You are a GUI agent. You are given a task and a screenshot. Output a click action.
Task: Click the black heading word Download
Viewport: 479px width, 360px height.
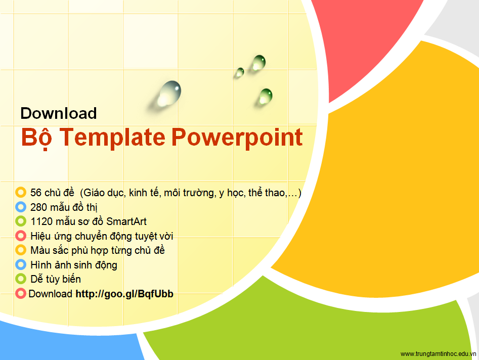(59, 113)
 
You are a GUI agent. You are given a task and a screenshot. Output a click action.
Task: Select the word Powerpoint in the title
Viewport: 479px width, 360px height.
(237, 138)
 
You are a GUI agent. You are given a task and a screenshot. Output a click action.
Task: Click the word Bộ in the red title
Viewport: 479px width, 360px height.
(36, 138)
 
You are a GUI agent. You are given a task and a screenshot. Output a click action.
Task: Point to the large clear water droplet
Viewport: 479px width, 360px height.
(169, 93)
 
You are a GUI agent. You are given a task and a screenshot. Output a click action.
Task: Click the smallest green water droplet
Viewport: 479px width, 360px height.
(240, 72)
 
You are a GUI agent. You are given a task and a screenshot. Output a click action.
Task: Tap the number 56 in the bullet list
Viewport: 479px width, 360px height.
(36, 193)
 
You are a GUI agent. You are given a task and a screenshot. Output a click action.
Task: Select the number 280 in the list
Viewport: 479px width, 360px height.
(38, 207)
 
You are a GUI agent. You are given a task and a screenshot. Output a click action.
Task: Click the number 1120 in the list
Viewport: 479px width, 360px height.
(41, 221)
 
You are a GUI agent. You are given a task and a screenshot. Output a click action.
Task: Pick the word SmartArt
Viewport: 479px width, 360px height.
(126, 221)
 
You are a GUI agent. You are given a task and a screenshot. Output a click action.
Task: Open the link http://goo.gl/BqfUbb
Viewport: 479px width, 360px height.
(124, 294)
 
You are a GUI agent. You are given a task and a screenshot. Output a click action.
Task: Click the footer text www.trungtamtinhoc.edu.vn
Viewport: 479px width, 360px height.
(438, 354)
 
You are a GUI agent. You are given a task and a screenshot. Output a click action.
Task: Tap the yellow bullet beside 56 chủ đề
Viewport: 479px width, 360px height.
(21, 192)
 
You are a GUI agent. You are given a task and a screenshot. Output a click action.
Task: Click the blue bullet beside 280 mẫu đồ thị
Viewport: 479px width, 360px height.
(21, 207)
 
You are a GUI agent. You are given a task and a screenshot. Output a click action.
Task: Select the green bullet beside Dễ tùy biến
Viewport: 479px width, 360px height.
(21, 279)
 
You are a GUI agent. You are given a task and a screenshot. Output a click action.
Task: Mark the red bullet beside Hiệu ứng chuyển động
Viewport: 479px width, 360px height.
(21, 236)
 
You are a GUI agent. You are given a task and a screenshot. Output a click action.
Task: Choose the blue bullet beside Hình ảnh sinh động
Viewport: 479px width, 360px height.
(21, 264)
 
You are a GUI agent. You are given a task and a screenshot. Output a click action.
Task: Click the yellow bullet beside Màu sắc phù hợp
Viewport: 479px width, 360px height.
(21, 250)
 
